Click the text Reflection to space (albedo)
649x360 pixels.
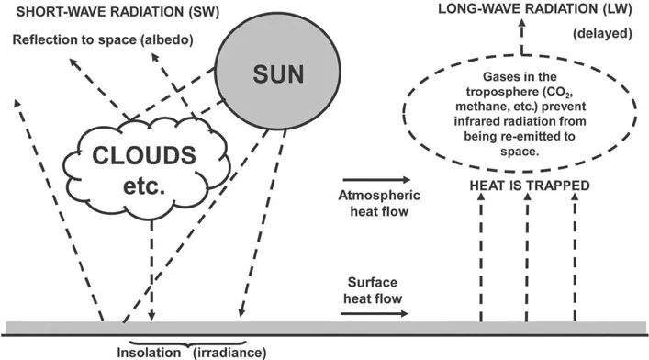click(104, 41)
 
